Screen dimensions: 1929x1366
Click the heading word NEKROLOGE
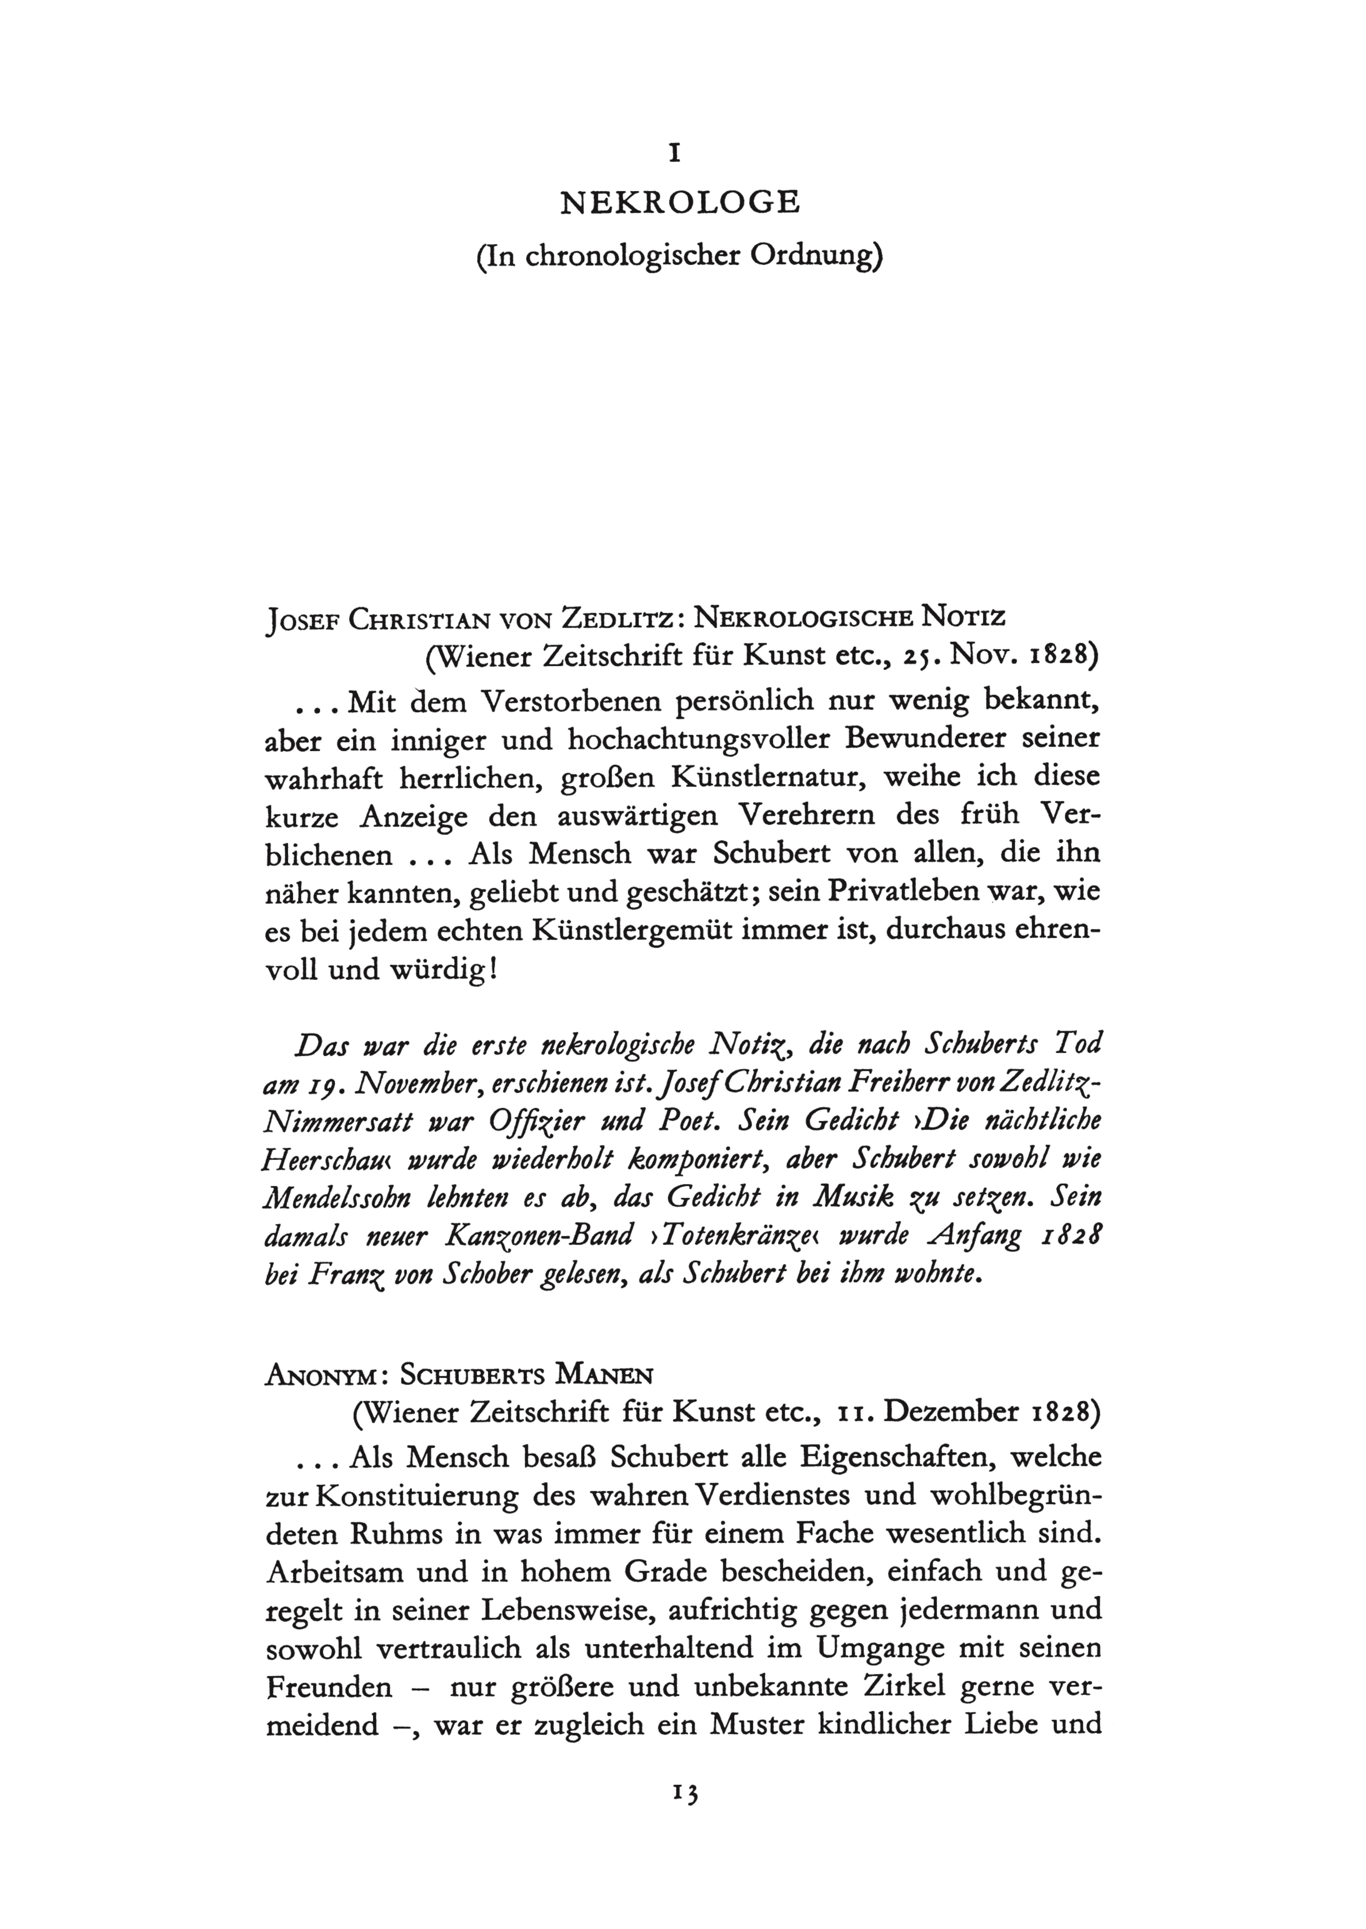click(x=680, y=203)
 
